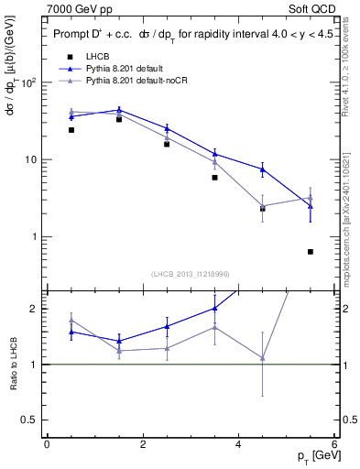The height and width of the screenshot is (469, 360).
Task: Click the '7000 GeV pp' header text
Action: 74,9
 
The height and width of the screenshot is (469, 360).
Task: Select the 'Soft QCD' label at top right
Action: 317,9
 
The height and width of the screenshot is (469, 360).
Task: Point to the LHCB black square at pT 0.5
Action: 71,130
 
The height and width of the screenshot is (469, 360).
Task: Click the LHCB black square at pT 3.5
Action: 214,178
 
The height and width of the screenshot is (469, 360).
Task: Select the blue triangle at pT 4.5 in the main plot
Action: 263,169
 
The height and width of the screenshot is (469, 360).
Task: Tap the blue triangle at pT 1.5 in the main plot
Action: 119,110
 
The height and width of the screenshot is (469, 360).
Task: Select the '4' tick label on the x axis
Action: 238,445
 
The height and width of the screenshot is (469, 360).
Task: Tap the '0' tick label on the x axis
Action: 47,445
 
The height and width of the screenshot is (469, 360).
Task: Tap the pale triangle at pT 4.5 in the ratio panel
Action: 263,358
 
